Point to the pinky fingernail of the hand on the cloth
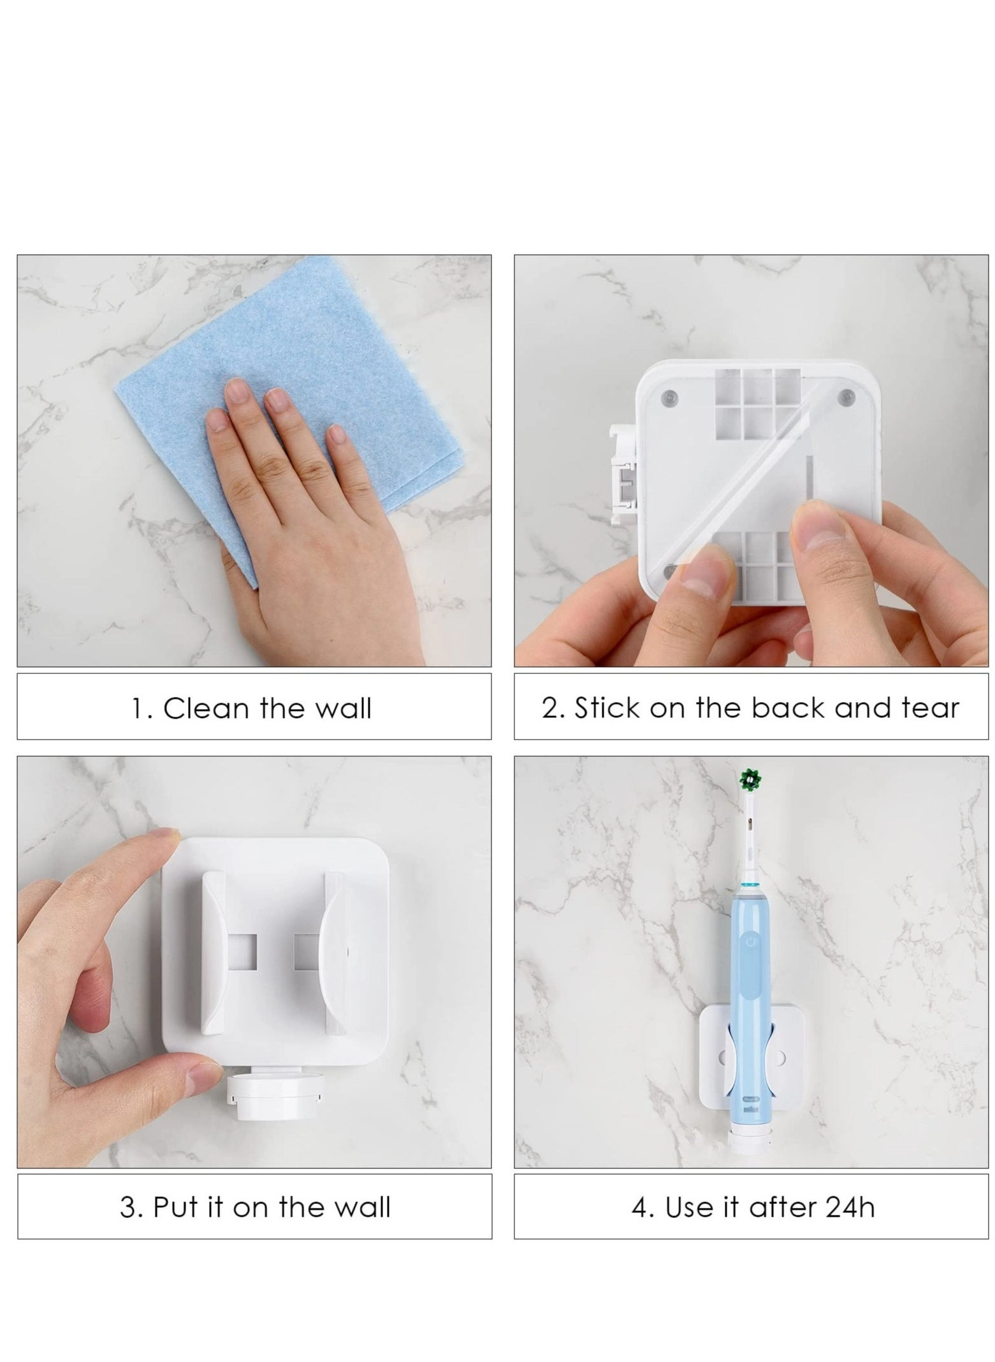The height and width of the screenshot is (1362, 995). click(x=337, y=435)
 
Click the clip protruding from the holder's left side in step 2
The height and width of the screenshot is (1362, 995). click(x=623, y=475)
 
